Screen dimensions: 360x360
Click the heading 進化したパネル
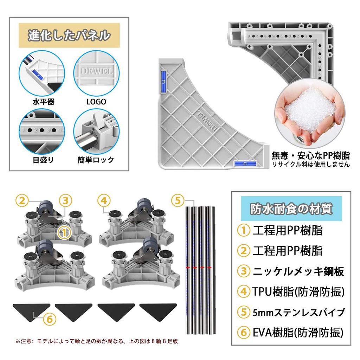(x=69, y=36)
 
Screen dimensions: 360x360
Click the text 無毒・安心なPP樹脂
(x=310, y=155)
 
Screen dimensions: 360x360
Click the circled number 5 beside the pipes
(x=178, y=201)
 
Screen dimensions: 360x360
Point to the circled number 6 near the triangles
(x=50, y=319)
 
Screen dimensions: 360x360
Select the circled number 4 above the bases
(x=102, y=201)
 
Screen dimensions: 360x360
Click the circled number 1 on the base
(x=64, y=232)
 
